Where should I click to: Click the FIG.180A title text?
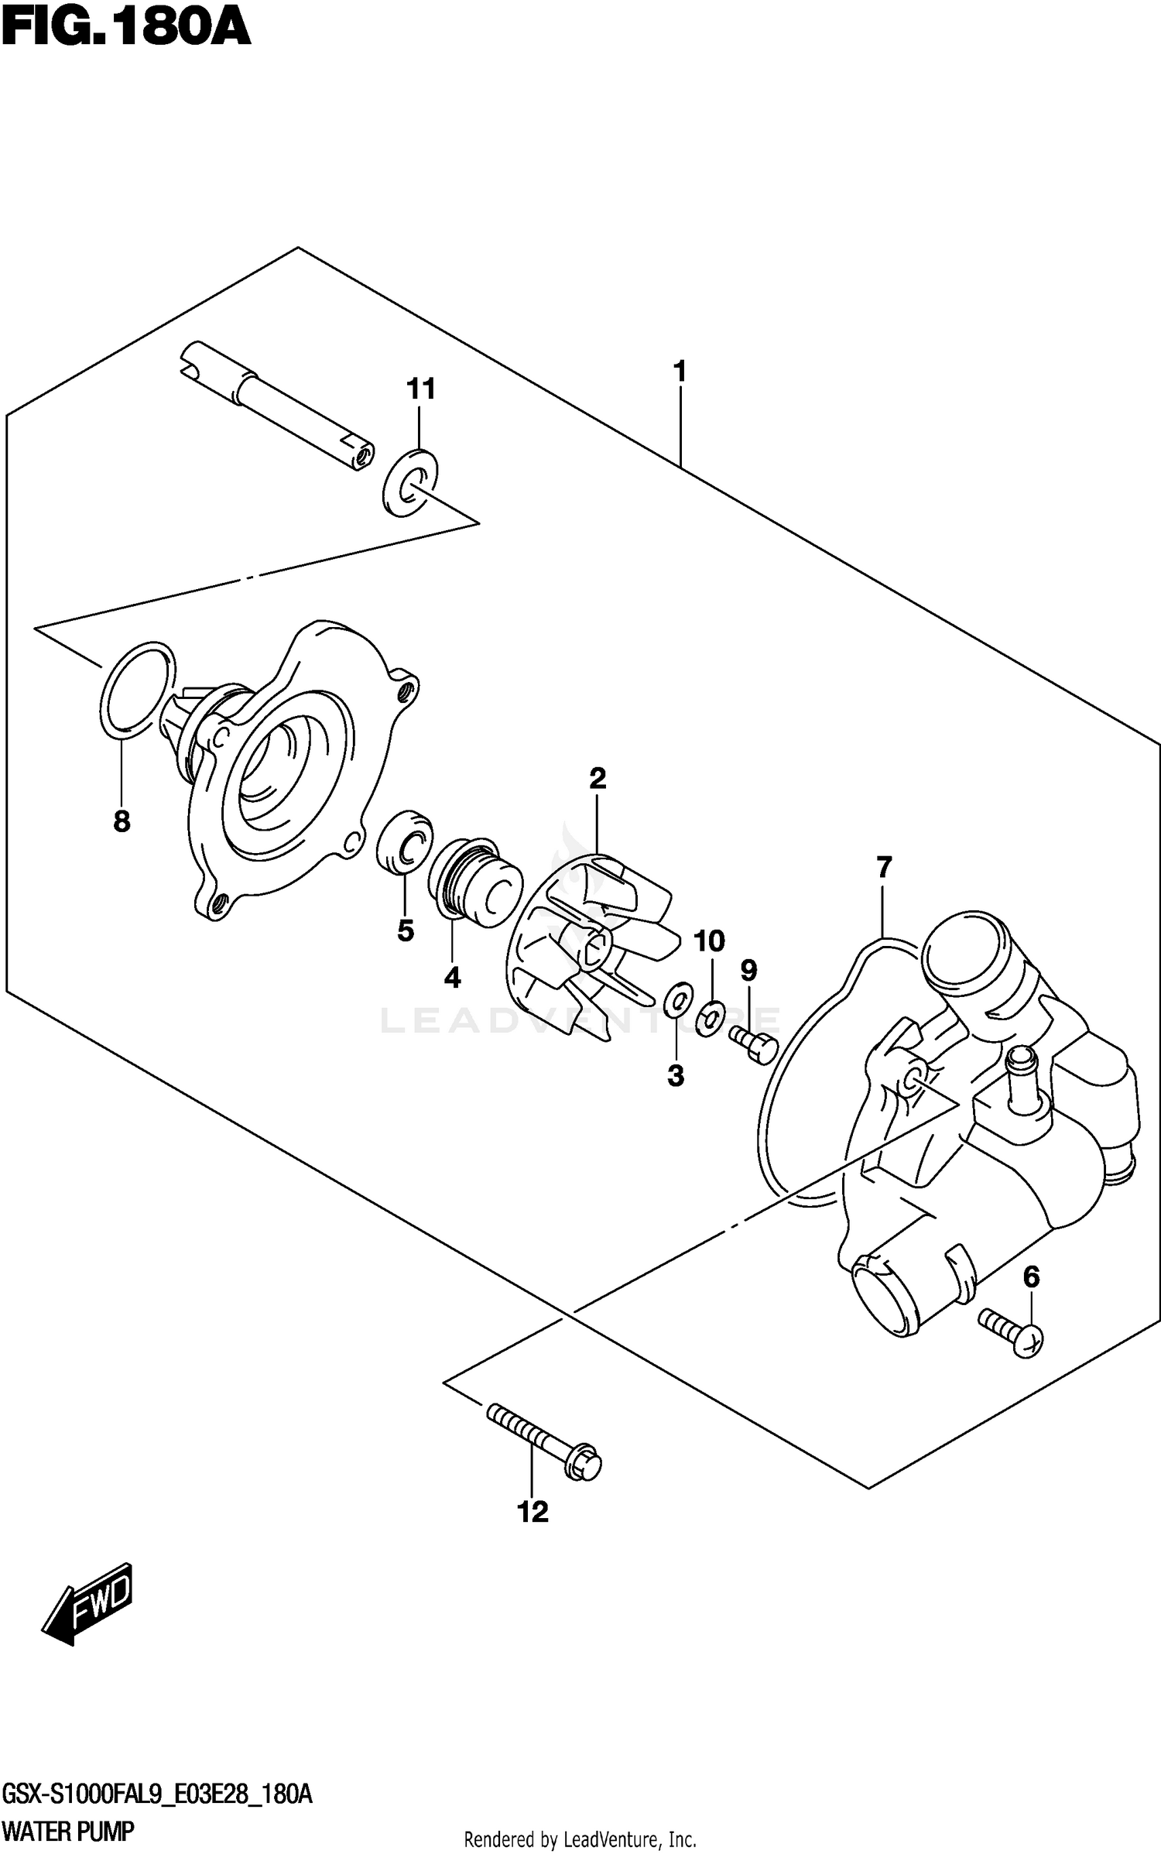(x=126, y=29)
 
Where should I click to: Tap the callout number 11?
(x=421, y=389)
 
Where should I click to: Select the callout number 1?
(x=680, y=372)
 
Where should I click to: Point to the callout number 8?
(x=122, y=821)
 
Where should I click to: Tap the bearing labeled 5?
(x=403, y=842)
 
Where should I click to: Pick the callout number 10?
(x=709, y=941)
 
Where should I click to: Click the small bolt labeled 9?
(x=754, y=1045)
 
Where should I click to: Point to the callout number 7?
(x=884, y=868)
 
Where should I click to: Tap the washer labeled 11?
(x=410, y=481)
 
